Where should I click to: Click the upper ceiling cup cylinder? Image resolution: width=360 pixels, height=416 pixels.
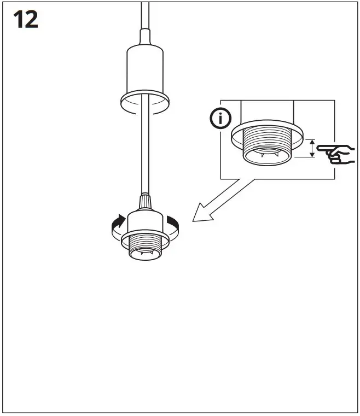(144, 71)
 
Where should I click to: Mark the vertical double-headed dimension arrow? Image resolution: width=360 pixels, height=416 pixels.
(312, 148)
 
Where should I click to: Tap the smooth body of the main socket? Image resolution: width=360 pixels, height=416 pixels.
(145, 221)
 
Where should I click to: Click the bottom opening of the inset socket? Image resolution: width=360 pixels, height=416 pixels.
(266, 159)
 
